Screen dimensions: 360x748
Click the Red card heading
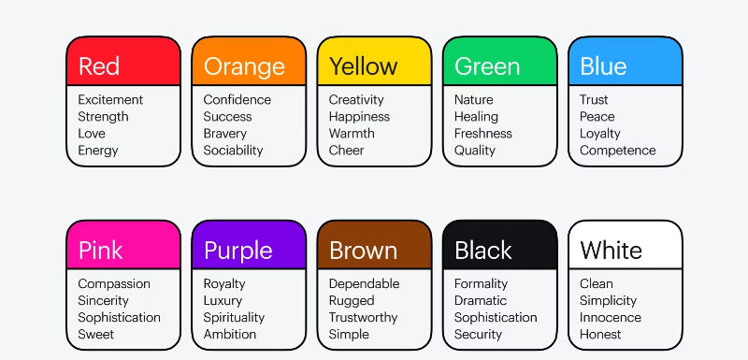coord(99,66)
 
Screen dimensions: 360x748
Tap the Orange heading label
coord(244,66)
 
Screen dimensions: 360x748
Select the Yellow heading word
coord(363,66)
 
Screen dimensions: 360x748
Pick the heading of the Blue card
coord(603,66)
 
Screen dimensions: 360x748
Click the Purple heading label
coord(238,251)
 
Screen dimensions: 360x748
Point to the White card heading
coord(611,251)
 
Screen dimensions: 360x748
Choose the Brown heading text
coord(363,251)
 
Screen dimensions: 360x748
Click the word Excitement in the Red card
coord(110,100)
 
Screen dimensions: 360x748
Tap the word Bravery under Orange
coord(225,134)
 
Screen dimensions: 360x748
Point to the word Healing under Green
coord(476,117)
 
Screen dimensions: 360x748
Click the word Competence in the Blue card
coord(617,151)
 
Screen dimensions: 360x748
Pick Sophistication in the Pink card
coord(119,318)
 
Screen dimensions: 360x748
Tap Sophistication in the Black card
coord(496,318)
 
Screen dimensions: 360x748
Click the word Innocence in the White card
coord(610,318)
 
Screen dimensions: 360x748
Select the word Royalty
coord(224,284)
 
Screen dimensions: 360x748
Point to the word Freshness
coord(482,134)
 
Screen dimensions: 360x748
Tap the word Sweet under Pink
coord(95,335)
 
